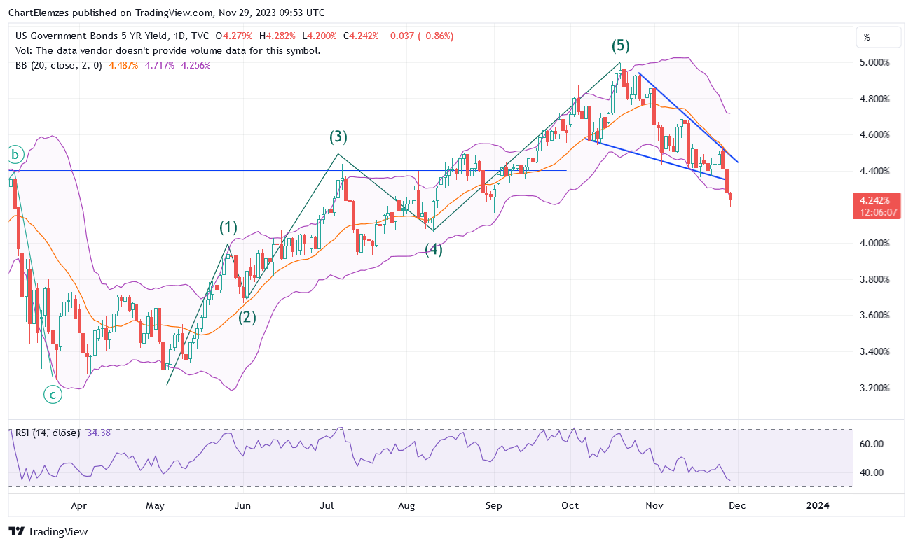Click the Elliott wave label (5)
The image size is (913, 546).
(x=620, y=46)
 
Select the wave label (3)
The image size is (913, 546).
(x=339, y=137)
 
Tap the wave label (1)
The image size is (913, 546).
(x=228, y=227)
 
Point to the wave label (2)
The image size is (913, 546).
(x=247, y=317)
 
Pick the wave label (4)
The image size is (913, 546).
(x=434, y=249)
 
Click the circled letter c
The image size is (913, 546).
(x=53, y=395)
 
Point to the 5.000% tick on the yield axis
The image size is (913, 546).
(x=874, y=62)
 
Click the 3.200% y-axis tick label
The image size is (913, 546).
(x=874, y=388)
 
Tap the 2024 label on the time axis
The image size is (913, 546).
(x=818, y=505)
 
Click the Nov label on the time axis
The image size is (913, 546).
(x=654, y=505)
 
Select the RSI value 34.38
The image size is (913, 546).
(x=99, y=433)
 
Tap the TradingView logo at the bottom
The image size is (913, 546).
(x=48, y=532)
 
